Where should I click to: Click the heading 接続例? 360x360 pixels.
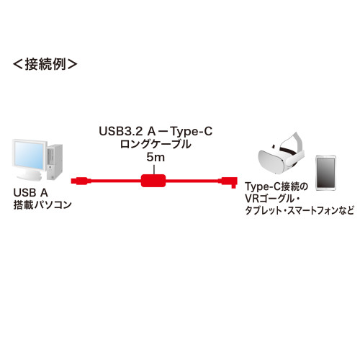coord(45,64)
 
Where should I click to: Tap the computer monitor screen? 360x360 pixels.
coord(29,155)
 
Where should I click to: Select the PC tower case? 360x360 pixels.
coord(55,162)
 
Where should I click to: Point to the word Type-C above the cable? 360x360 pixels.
coord(192,132)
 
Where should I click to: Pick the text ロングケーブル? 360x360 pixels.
coord(156,144)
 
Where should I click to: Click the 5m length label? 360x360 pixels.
coord(156,158)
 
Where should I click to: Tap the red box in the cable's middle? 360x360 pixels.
coord(153,181)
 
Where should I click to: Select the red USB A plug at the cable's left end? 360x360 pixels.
coord(81,181)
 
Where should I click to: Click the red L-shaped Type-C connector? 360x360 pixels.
coord(230,181)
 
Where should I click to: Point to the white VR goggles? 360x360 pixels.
coord(281,153)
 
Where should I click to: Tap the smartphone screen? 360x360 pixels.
coord(325,173)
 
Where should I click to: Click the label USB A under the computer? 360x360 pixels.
coord(31,193)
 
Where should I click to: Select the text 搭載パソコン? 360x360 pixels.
coord(42,204)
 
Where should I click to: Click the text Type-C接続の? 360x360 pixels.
coord(276,187)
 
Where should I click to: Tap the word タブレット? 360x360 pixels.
coord(264,210)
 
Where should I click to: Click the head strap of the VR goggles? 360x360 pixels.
coord(292,143)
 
